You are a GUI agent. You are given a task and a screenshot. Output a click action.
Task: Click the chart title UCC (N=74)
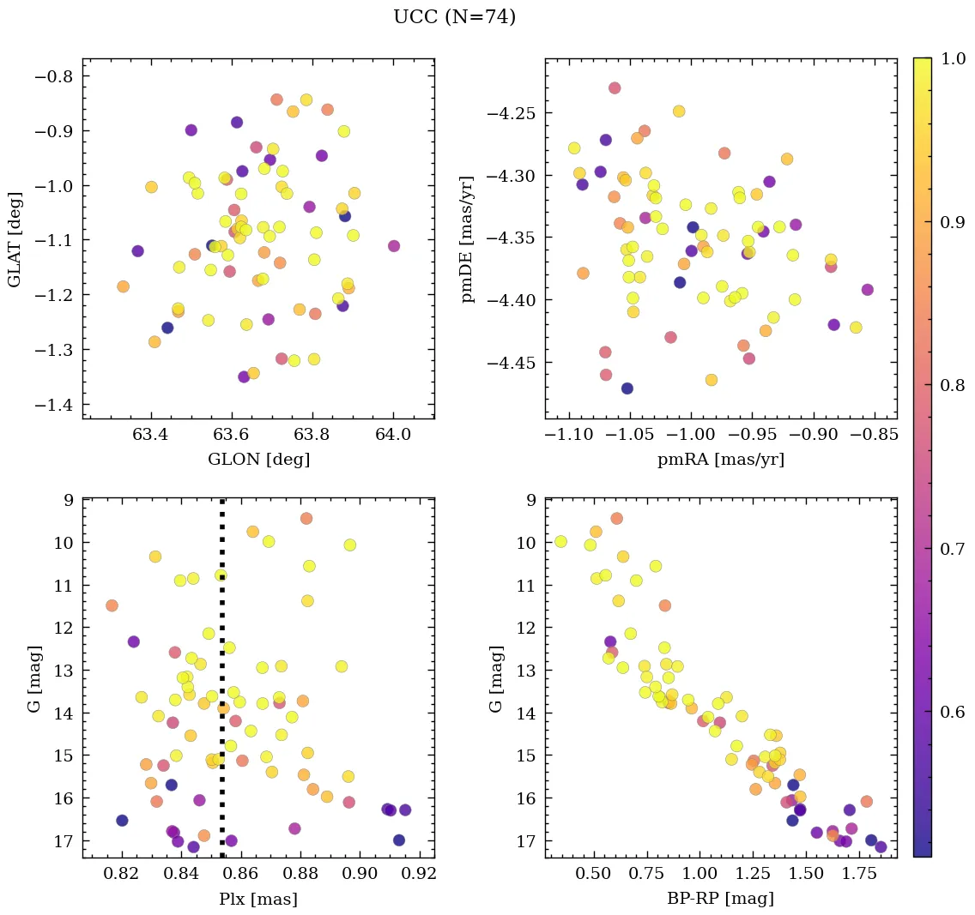tap(454, 17)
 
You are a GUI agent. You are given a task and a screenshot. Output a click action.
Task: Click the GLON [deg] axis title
tap(258, 460)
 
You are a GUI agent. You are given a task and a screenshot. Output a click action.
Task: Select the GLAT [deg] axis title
tap(15, 238)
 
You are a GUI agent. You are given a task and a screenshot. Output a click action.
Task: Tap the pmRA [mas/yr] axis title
tap(721, 460)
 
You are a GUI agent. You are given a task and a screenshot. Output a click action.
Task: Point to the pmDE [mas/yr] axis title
tap(468, 238)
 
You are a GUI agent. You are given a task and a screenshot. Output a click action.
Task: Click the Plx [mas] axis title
tap(258, 899)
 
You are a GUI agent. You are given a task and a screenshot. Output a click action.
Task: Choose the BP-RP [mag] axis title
tap(721, 899)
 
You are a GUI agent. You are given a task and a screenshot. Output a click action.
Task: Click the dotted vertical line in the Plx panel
tap(222, 686)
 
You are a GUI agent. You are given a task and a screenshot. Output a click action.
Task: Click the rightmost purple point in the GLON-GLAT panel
tap(394, 246)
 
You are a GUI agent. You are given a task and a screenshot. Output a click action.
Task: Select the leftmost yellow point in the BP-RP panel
tap(560, 541)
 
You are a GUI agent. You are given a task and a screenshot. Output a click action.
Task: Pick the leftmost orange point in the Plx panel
tap(112, 605)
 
